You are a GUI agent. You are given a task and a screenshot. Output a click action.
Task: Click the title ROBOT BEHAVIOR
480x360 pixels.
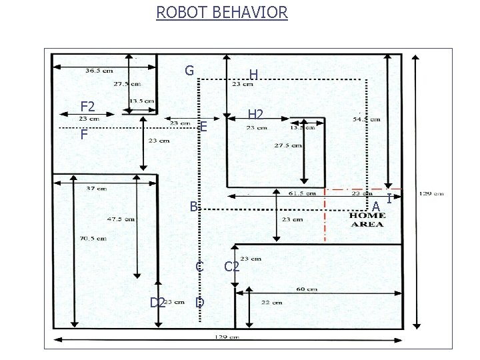click(222, 12)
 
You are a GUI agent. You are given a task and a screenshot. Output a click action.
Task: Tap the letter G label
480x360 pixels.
click(189, 71)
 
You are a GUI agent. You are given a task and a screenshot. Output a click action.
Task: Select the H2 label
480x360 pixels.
click(255, 114)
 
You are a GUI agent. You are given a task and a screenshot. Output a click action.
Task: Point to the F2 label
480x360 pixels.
click(87, 106)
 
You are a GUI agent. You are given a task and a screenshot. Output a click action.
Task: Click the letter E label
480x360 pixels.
click(203, 126)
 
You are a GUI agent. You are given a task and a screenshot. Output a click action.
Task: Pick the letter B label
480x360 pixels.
click(192, 207)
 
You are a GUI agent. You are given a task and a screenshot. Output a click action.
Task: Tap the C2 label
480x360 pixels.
click(232, 267)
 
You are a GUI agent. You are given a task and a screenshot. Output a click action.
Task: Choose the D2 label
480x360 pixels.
click(157, 302)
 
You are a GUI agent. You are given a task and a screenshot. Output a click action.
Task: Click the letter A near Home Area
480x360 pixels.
click(376, 207)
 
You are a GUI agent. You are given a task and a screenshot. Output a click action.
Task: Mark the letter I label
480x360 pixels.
click(389, 197)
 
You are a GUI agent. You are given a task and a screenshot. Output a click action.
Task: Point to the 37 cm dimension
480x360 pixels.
click(96, 188)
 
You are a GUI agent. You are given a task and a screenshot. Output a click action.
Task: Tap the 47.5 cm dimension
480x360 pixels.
click(121, 218)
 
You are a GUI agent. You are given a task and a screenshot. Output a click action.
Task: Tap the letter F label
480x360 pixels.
click(84, 135)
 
